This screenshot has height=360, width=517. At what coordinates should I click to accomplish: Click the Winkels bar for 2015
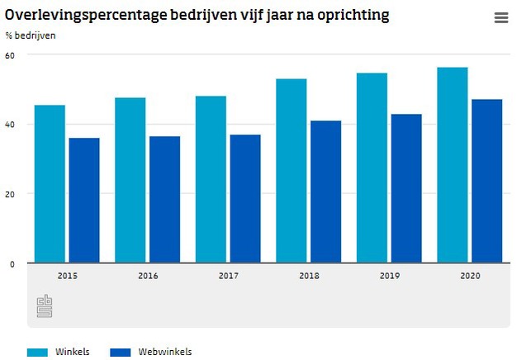[x=50, y=184]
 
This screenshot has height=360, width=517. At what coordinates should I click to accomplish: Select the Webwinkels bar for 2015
[x=83, y=201]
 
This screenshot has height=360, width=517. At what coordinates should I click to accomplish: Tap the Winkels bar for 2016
[x=130, y=180]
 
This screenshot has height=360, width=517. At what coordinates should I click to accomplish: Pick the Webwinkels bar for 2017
[x=245, y=199]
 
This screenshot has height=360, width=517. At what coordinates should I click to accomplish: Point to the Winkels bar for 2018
[x=292, y=171]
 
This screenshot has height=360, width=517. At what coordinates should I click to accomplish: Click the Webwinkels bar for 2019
[x=406, y=189]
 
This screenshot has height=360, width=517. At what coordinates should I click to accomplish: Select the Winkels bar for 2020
[x=453, y=165]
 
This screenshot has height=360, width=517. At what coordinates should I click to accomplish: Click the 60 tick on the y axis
[x=10, y=55]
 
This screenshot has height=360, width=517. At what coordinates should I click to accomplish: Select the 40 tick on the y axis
[x=10, y=125]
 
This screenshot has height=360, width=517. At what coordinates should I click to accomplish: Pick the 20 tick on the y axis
[x=10, y=194]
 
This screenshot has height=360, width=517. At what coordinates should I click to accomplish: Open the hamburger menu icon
[x=500, y=18]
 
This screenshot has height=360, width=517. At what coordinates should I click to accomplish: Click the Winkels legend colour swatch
[x=37, y=352]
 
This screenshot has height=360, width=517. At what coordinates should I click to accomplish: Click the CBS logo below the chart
[x=44, y=306]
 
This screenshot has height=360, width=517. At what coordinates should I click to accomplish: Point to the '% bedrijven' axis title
[x=31, y=36]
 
